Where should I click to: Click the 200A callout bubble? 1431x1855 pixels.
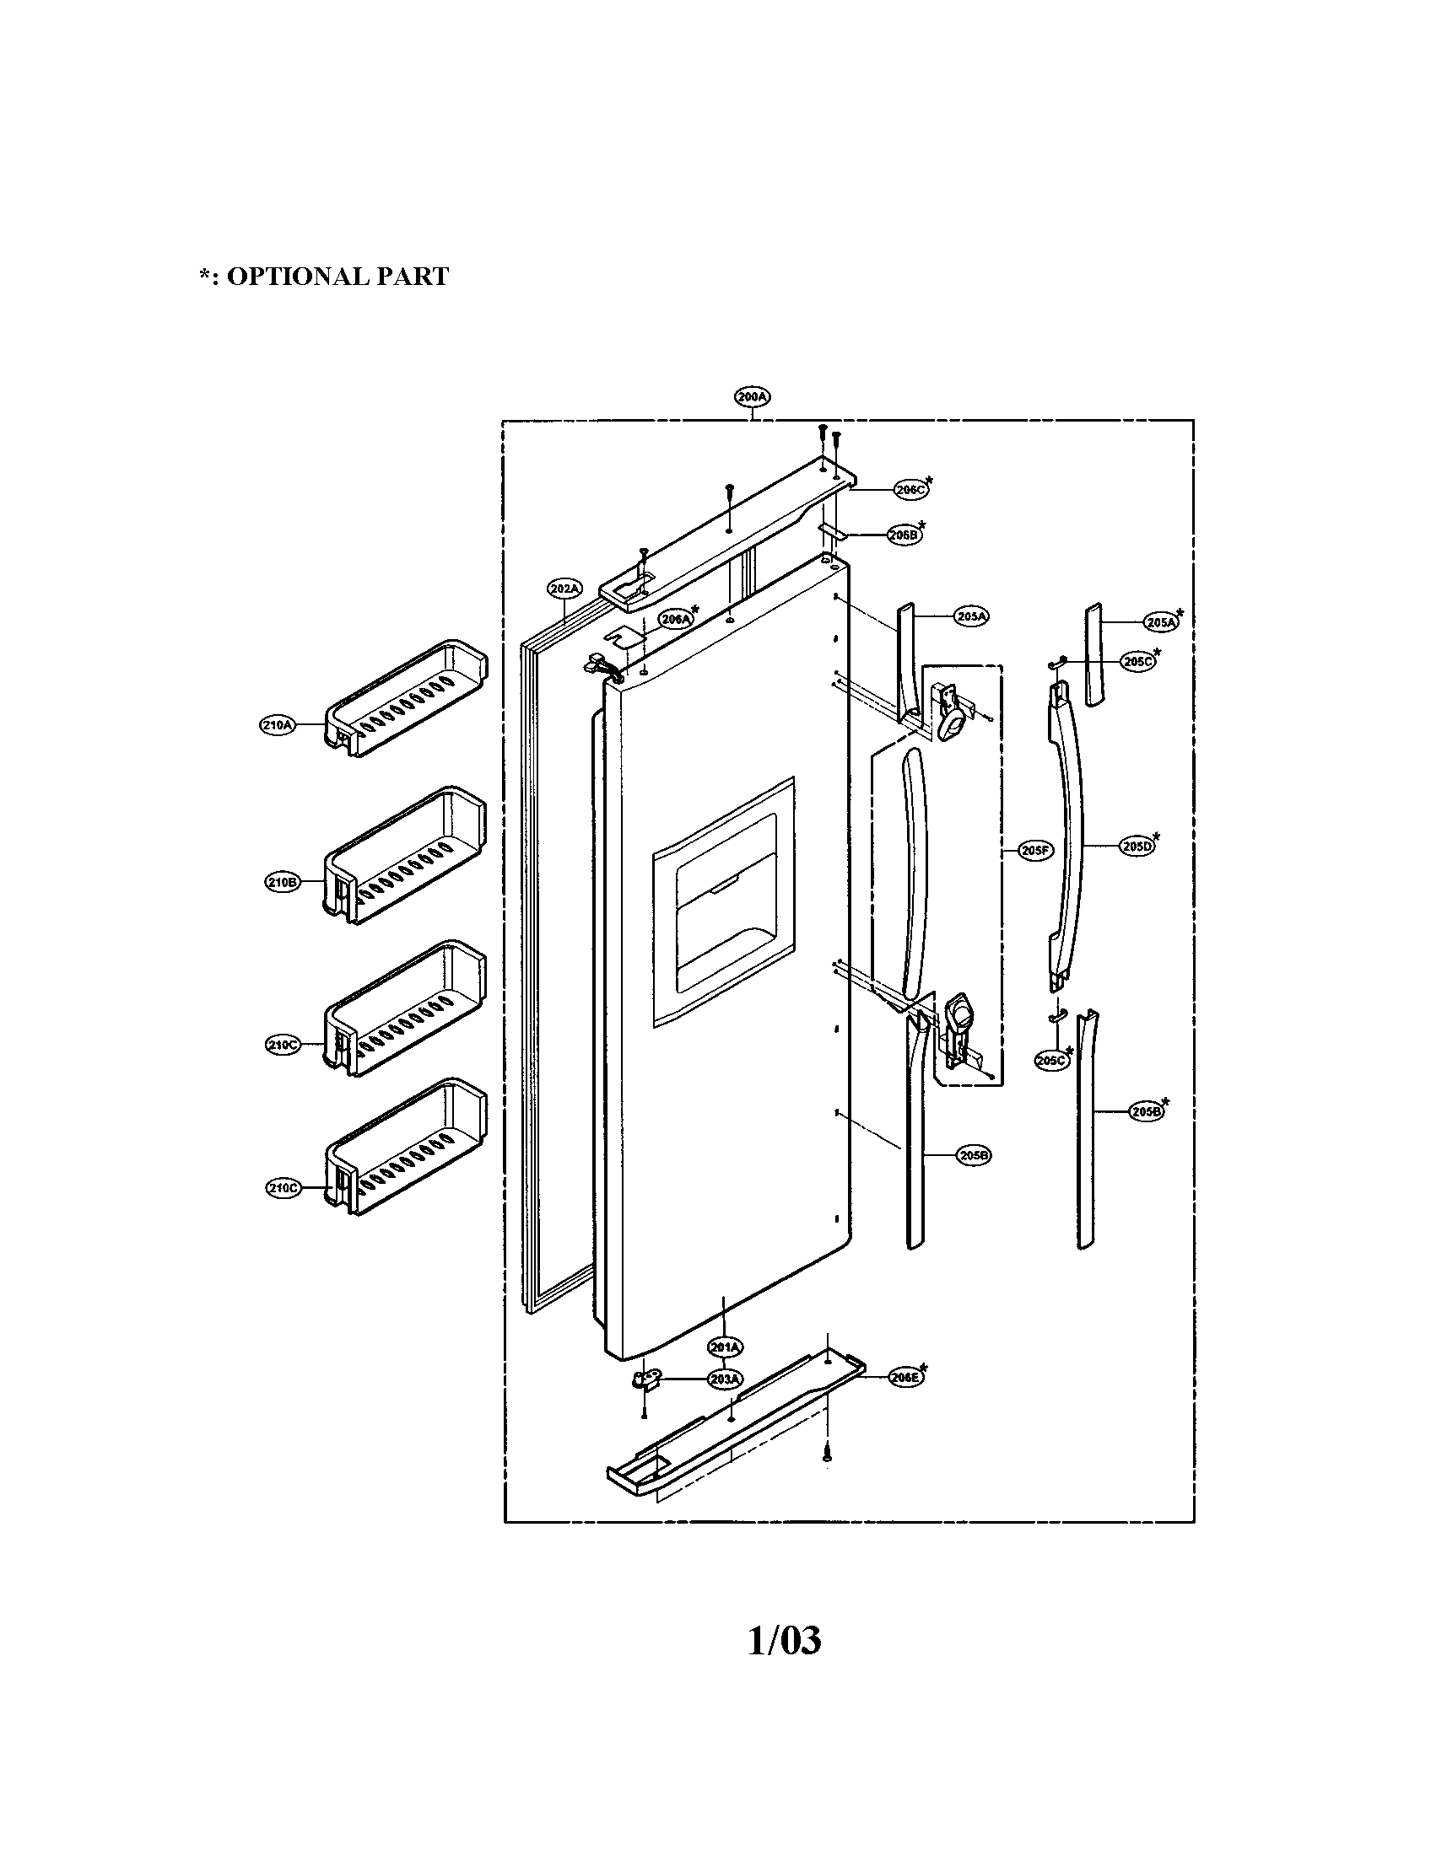(x=752, y=396)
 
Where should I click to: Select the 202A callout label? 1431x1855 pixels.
(x=564, y=588)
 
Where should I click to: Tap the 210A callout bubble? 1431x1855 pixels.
(x=277, y=725)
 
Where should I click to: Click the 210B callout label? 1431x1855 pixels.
(x=282, y=883)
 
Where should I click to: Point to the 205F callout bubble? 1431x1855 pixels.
(x=1035, y=849)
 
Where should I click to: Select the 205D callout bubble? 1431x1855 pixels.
(x=1137, y=846)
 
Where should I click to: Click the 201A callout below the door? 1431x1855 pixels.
(x=726, y=1347)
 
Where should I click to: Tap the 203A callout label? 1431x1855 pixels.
(x=726, y=1379)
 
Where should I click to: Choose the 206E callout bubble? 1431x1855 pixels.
(x=905, y=1378)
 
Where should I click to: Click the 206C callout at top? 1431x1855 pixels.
(x=910, y=489)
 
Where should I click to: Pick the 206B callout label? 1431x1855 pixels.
(x=904, y=535)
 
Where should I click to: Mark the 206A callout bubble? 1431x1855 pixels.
(x=677, y=619)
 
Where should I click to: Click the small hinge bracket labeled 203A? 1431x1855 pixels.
(x=643, y=1382)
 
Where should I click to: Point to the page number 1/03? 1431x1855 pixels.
(x=784, y=1642)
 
